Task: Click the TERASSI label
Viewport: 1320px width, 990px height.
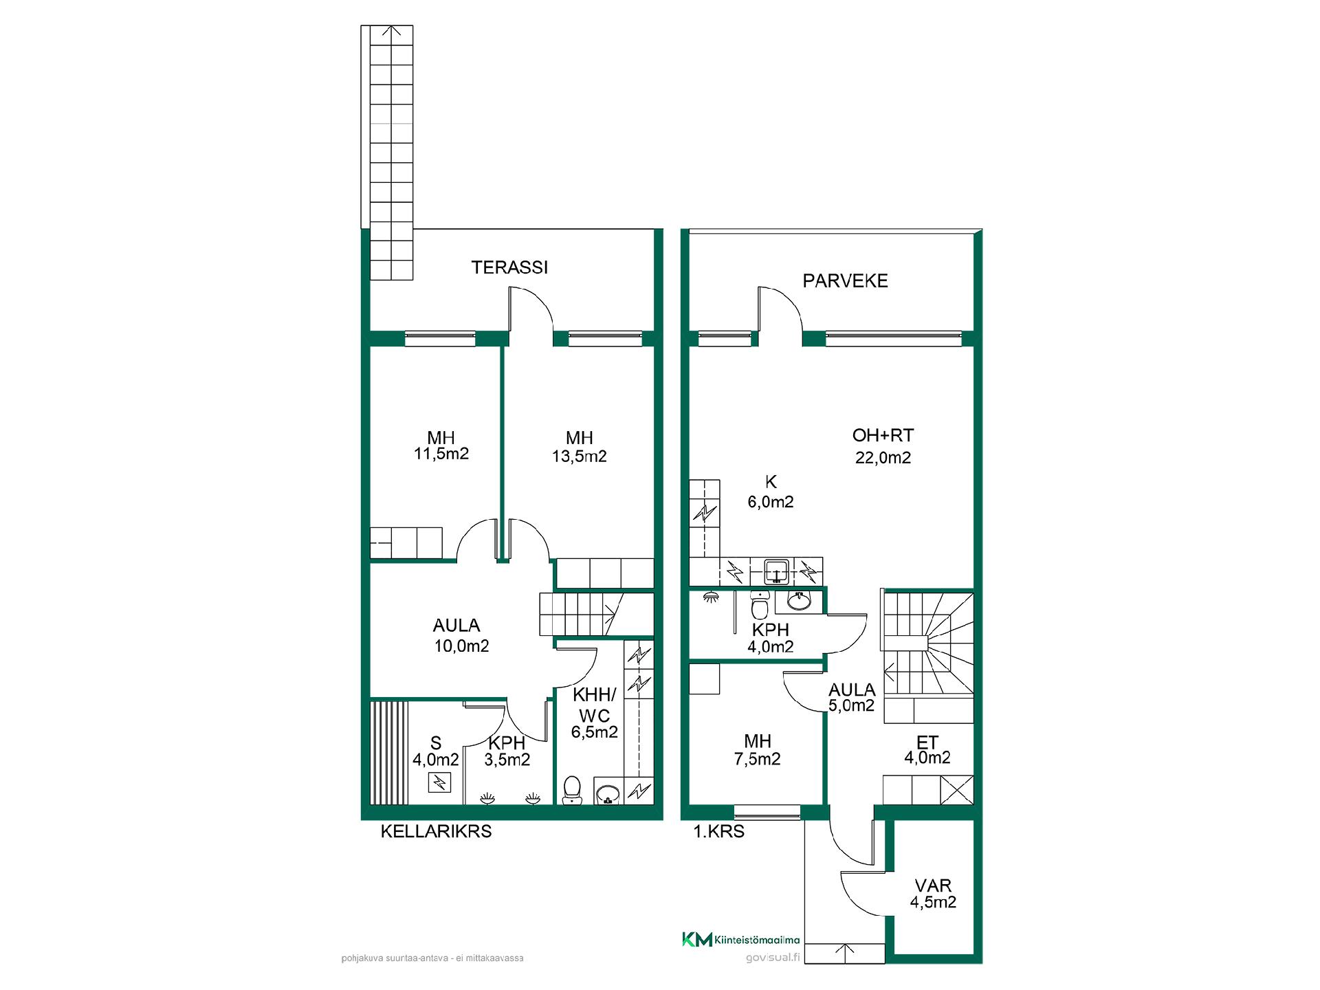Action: click(509, 267)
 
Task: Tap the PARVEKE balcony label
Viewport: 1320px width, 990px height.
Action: click(845, 280)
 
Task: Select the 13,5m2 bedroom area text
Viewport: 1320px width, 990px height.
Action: click(579, 456)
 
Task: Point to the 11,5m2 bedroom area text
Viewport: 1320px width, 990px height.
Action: click(441, 454)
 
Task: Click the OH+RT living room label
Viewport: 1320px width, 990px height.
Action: click(883, 435)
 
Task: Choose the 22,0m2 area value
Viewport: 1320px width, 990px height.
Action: click(883, 458)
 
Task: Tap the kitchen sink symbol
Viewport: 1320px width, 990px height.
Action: click(777, 571)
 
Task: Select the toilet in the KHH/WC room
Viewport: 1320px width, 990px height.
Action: click(571, 791)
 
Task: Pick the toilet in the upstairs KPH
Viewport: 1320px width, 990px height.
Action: click(760, 605)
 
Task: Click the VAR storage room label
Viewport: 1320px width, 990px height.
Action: click(933, 885)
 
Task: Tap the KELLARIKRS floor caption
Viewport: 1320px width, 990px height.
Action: click(436, 831)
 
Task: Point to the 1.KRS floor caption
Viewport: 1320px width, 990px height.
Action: click(718, 831)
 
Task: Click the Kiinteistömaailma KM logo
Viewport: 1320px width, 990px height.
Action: click(740, 940)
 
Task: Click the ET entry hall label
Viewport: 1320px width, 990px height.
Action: click(927, 742)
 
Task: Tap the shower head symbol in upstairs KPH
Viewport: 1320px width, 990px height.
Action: click(711, 597)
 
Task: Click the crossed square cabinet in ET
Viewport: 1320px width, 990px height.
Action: click(957, 790)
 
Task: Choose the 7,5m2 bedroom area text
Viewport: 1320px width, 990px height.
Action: click(757, 759)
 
